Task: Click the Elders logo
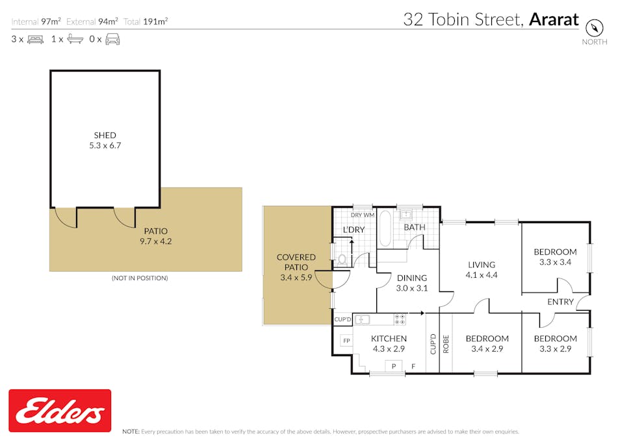(x=60, y=410)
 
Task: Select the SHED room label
(x=105, y=140)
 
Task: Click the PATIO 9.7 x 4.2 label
(x=156, y=236)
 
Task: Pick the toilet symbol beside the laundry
(x=341, y=260)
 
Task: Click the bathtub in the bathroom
(x=384, y=228)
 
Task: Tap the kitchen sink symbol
(x=362, y=319)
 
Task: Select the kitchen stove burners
(x=400, y=319)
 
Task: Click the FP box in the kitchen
(x=346, y=341)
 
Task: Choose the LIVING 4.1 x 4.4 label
(x=481, y=269)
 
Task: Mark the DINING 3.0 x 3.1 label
(x=412, y=283)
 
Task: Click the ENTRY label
(x=560, y=302)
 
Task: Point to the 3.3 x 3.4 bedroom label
(x=555, y=257)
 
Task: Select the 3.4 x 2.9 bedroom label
(x=487, y=343)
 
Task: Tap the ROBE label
(x=446, y=344)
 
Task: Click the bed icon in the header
(x=35, y=39)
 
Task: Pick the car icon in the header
(x=112, y=39)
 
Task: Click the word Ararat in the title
(x=553, y=19)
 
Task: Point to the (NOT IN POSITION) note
(x=140, y=278)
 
